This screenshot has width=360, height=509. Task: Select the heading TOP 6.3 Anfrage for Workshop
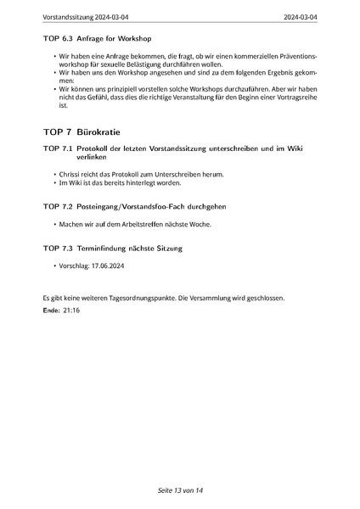pos(96,39)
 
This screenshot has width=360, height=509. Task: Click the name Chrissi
pos(70,175)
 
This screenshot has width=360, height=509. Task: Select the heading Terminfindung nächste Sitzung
pos(128,249)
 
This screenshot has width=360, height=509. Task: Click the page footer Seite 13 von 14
pos(179,491)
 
